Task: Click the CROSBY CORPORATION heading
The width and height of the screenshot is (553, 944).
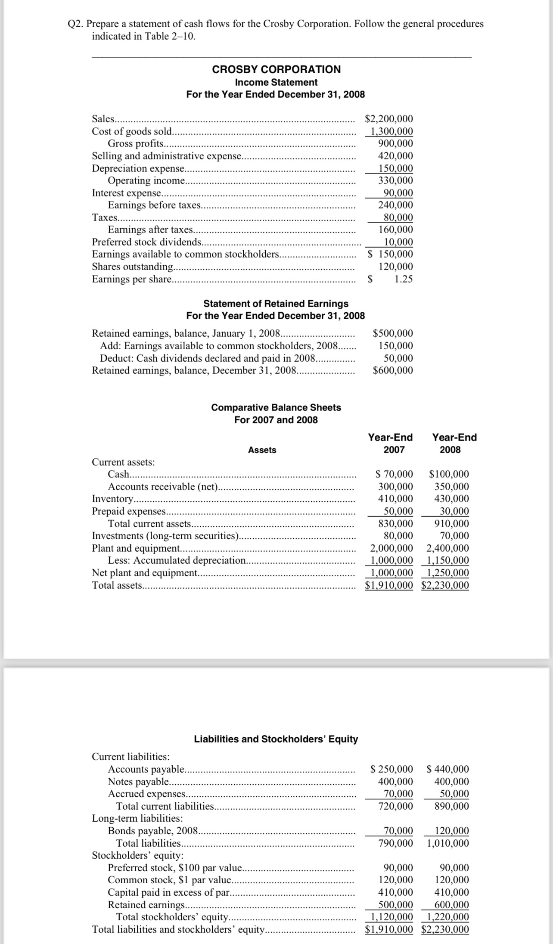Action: [276, 69]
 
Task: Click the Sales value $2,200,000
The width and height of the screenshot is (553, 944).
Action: [388, 119]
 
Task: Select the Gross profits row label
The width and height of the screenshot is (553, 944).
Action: [136, 143]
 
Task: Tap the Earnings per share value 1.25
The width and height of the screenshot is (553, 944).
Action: [404, 279]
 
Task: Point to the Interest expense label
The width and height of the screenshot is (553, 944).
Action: [127, 193]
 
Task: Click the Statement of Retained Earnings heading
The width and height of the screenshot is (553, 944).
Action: [276, 304]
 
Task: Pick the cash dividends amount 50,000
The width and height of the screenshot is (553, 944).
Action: [398, 358]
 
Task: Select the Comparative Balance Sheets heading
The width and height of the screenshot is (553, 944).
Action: [276, 407]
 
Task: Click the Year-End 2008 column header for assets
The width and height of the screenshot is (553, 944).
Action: [454, 444]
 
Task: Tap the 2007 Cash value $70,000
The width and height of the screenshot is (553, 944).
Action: [394, 475]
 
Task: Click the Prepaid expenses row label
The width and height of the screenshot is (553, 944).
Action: [129, 511]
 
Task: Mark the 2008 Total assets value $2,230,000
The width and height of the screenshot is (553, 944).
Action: [445, 585]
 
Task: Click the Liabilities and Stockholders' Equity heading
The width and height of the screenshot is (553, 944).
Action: [276, 739]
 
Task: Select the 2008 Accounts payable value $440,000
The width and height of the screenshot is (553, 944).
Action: [448, 769]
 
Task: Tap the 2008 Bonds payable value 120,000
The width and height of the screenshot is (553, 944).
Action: [452, 831]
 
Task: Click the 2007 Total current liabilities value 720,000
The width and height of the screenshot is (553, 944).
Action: [395, 806]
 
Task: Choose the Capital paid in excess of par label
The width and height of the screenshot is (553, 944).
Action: [169, 892]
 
